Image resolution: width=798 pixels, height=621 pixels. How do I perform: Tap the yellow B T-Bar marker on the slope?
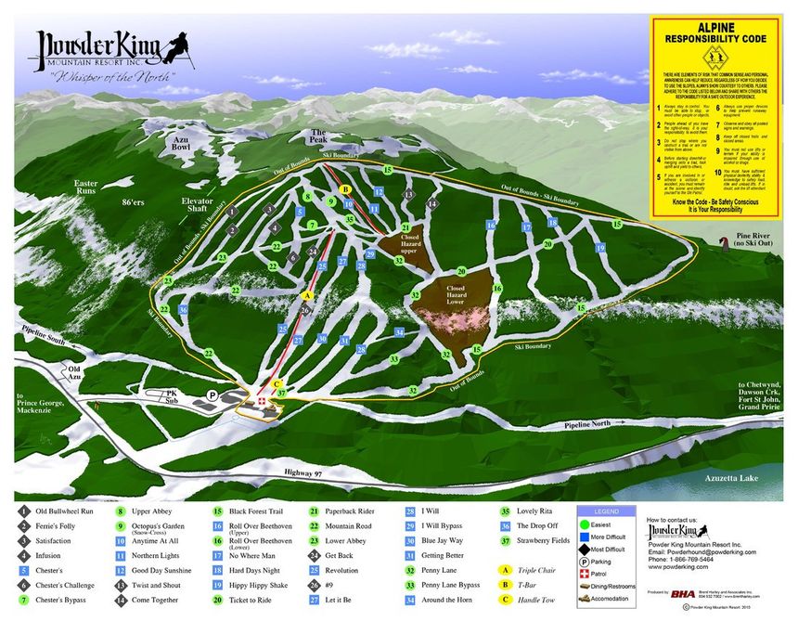click(346, 188)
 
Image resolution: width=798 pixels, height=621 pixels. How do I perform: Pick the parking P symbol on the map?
click(212, 395)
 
